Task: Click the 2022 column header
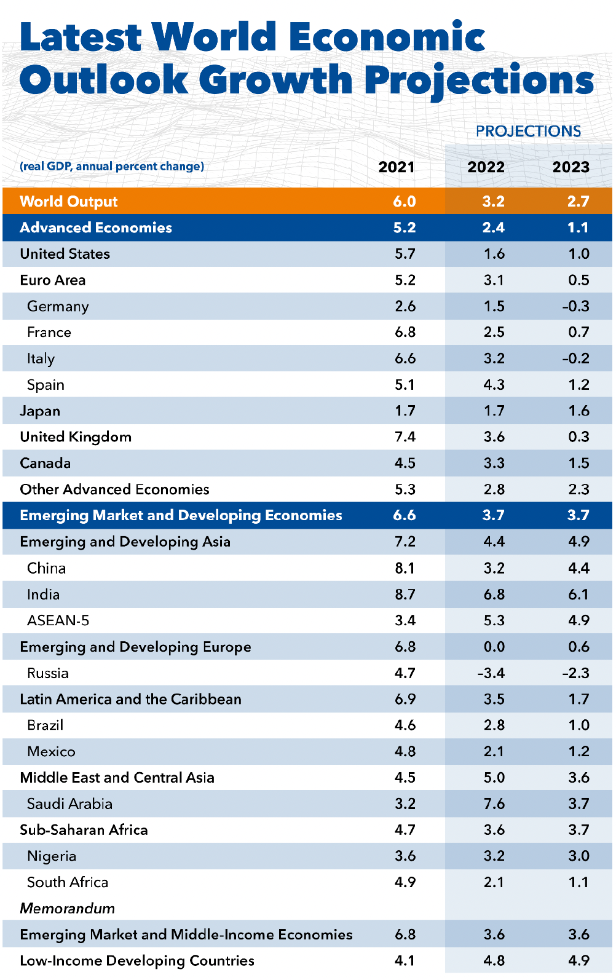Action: pyautogui.click(x=486, y=167)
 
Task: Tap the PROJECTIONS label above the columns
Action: pyautogui.click(x=528, y=131)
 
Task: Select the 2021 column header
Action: pyautogui.click(x=396, y=167)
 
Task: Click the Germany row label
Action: pyautogui.click(x=58, y=306)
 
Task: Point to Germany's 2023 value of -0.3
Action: pyautogui.click(x=575, y=306)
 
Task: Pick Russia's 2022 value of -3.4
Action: pyautogui.click(x=491, y=673)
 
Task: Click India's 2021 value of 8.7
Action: pyautogui.click(x=405, y=595)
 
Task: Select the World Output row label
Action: pyautogui.click(x=68, y=202)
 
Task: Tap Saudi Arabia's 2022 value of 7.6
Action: pyautogui.click(x=494, y=804)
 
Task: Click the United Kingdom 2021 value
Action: pyautogui.click(x=405, y=437)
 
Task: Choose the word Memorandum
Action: pyautogui.click(x=67, y=908)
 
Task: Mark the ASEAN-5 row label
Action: pyautogui.click(x=58, y=620)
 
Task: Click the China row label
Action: pyautogui.click(x=46, y=568)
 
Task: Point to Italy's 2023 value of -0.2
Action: pyautogui.click(x=575, y=358)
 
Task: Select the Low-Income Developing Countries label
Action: pyautogui.click(x=136, y=960)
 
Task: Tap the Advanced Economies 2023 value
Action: pyautogui.click(x=578, y=227)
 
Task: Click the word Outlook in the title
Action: pyautogui.click(x=103, y=81)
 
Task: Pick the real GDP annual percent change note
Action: pyautogui.click(x=112, y=167)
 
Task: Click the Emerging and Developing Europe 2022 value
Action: pyautogui.click(x=494, y=647)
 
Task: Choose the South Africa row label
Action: pyautogui.click(x=68, y=882)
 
